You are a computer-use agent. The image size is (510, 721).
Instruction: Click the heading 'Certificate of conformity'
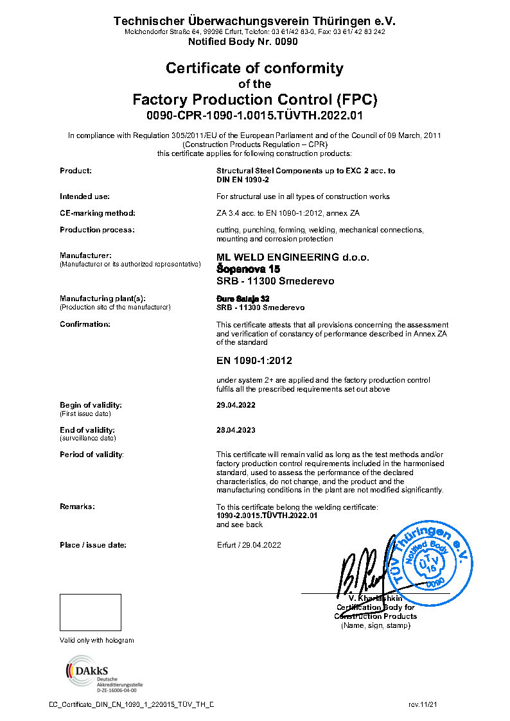pos(254,68)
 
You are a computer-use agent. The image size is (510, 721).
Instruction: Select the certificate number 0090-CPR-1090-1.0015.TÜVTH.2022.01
pos(254,116)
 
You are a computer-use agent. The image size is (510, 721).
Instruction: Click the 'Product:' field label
pos(76,171)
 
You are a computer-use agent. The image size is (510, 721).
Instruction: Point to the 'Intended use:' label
pos(85,196)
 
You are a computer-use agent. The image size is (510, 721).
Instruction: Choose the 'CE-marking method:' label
pos(98,213)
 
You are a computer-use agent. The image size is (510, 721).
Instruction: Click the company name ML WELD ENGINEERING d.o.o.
pos(293,257)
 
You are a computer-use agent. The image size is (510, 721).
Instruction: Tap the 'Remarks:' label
pos(77,507)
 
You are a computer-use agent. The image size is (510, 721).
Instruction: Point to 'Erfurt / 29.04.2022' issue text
pos(249,545)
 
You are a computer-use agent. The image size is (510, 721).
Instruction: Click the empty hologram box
pos(91,612)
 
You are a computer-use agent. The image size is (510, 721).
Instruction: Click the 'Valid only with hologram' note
pos(96,641)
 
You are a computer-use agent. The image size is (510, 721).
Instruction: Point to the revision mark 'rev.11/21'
pos(423,705)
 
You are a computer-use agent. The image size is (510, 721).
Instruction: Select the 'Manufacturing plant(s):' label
pos(103,299)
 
